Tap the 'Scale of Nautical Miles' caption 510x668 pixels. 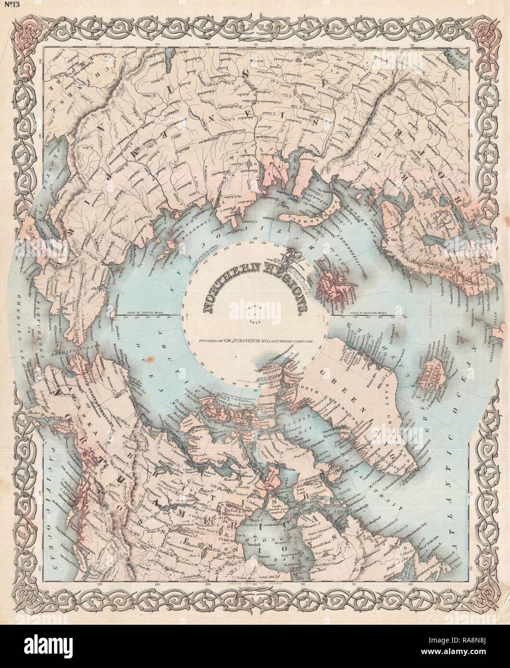pyautogui.click(x=368, y=313)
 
